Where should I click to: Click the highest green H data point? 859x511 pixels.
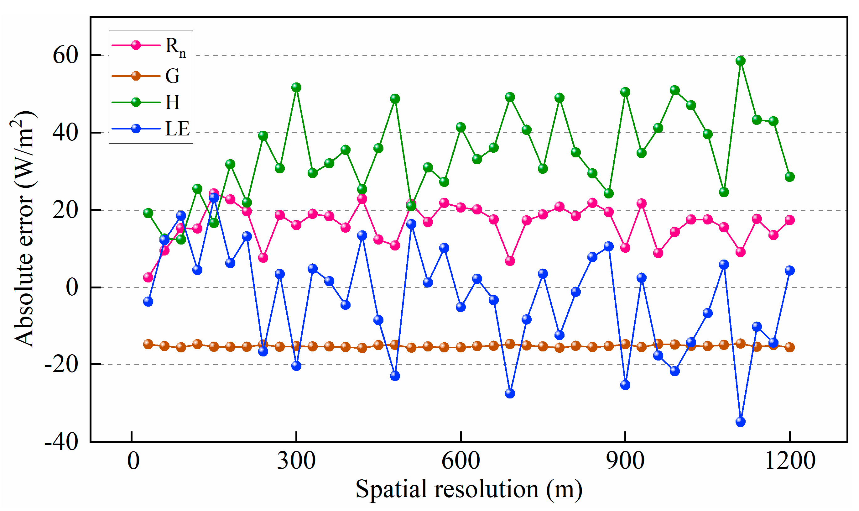pos(740,61)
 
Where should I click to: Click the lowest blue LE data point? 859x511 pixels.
pos(740,422)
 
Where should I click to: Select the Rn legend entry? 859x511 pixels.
pos(175,46)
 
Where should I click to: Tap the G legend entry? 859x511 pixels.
pos(172,76)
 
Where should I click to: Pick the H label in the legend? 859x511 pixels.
pos(172,102)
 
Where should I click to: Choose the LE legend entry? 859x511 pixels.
pos(177,129)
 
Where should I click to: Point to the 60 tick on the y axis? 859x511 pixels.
pos(65,55)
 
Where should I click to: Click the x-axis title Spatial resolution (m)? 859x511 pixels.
pos(469,489)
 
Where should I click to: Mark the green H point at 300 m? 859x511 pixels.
pos(296,87)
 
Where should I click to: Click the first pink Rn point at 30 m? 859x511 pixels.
pos(148,277)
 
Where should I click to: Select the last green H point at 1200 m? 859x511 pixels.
pos(789,176)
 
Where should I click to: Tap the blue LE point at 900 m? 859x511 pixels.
pos(625,385)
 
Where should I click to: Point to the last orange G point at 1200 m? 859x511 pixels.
pos(789,347)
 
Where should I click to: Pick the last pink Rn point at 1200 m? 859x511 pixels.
pos(789,220)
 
